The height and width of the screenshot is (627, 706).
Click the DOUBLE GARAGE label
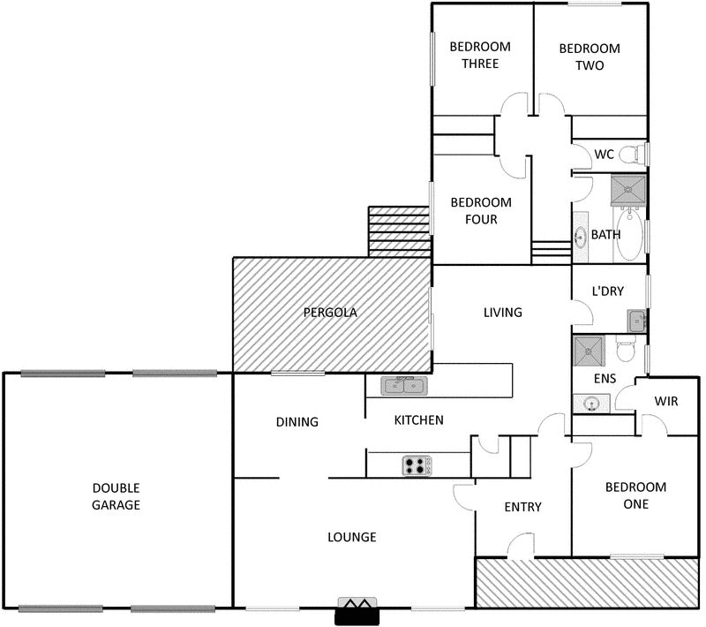(116, 496)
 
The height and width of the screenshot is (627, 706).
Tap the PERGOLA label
(330, 312)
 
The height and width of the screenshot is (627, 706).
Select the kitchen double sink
(404, 385)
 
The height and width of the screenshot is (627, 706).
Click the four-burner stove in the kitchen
(417, 465)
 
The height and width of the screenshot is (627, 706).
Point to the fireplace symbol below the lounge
(357, 611)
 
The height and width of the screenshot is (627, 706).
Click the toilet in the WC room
(630, 155)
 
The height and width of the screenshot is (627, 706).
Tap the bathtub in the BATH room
(631, 234)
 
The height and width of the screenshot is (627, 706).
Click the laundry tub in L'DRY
(637, 319)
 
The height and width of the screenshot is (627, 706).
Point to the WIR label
(666, 401)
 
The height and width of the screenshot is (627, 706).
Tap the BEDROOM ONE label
(635, 495)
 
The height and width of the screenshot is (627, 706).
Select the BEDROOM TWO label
(590, 57)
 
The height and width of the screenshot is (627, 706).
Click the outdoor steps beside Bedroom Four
(398, 231)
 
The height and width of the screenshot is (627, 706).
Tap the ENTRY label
(522, 507)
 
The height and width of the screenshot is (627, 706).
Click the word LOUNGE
(352, 537)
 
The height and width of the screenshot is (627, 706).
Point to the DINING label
(297, 422)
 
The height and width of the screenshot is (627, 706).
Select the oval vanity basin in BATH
(582, 237)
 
